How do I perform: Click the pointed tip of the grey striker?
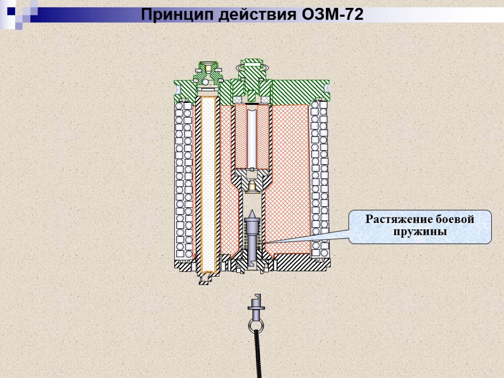click(252, 212)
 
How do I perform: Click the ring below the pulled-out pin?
click(256, 325)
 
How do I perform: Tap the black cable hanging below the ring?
click(257, 354)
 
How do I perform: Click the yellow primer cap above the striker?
click(252, 186)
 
